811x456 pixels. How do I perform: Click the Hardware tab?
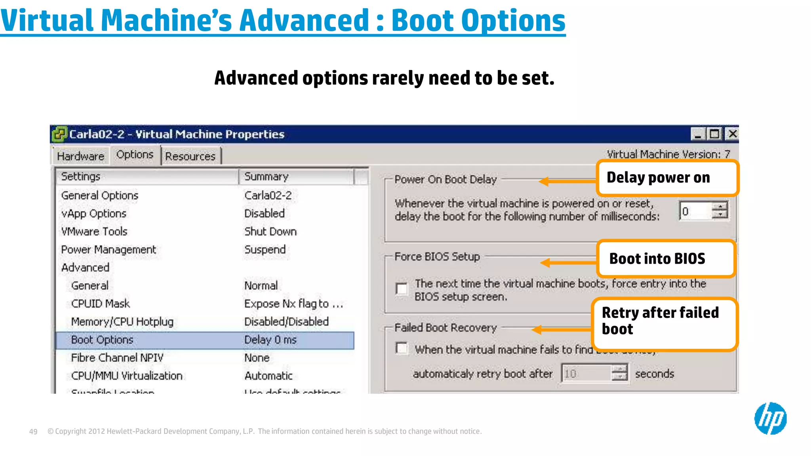(x=80, y=156)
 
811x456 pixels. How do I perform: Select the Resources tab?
(x=190, y=156)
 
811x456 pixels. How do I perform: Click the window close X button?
(x=733, y=134)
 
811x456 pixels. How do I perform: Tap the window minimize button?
(x=698, y=134)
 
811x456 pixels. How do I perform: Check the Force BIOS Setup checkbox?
(x=402, y=289)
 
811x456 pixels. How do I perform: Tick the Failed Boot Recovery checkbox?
(x=402, y=348)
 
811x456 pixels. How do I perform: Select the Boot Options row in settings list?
(x=102, y=340)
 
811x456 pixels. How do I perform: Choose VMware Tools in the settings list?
(x=94, y=232)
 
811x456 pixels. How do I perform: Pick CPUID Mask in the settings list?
(x=101, y=304)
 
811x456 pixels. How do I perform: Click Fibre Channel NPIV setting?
(x=117, y=358)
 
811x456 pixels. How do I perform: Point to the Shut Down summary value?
(x=270, y=232)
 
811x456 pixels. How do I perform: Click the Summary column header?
(x=266, y=177)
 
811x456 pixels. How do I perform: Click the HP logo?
(x=770, y=418)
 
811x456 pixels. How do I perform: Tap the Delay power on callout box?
(x=667, y=178)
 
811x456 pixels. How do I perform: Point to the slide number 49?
(x=33, y=431)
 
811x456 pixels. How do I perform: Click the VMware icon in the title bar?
(x=59, y=134)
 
